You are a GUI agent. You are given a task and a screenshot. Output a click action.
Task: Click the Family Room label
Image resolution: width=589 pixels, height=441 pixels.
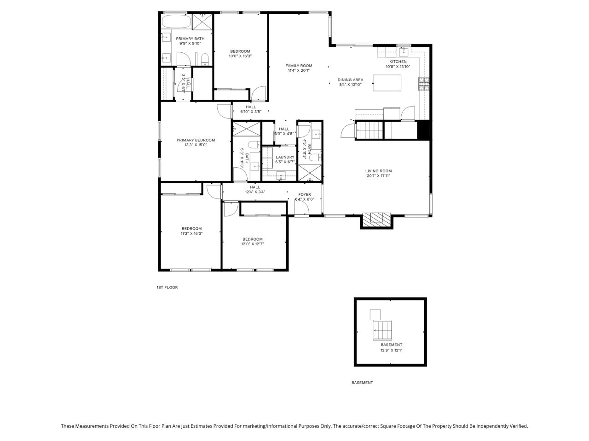pyautogui.click(x=299, y=66)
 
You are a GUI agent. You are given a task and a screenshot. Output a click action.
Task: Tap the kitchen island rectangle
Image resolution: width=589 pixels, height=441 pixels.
pyautogui.click(x=387, y=83)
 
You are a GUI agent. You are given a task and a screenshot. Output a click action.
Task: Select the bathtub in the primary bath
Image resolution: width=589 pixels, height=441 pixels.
pyautogui.click(x=177, y=22)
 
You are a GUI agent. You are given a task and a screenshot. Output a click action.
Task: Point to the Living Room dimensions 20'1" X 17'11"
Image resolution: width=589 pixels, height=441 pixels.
pyautogui.click(x=378, y=175)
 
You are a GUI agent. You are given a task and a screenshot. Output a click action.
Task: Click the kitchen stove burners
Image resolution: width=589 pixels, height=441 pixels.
pyautogui.click(x=424, y=84)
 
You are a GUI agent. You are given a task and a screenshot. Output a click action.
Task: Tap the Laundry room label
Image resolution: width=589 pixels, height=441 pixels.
pyautogui.click(x=285, y=157)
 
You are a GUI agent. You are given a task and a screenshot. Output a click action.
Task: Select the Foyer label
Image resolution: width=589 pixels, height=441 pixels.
pyautogui.click(x=305, y=194)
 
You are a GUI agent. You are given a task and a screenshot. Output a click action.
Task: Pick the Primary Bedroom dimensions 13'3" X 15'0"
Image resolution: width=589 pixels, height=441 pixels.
pyautogui.click(x=196, y=145)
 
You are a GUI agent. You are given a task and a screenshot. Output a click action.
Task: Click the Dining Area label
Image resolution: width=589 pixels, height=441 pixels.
pyautogui.click(x=351, y=80)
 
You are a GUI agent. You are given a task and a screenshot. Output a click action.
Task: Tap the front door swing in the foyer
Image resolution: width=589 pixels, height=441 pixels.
pyautogui.click(x=301, y=208)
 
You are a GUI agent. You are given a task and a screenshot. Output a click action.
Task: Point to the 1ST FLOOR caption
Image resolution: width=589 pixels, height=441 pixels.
pyautogui.click(x=167, y=287)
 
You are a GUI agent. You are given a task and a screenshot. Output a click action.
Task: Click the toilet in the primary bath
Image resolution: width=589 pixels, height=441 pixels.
pyautogui.click(x=205, y=59)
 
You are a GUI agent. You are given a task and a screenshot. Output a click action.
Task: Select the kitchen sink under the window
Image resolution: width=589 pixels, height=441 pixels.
pyautogui.click(x=404, y=52)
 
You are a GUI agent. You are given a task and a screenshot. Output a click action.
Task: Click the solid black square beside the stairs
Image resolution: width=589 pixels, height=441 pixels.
pyautogui.click(x=424, y=130)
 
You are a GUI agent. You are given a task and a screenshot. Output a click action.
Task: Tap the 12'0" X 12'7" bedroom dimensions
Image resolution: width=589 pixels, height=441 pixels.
pyautogui.click(x=253, y=244)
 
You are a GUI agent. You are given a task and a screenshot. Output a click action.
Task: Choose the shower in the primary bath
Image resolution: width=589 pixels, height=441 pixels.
pyautogui.click(x=202, y=22)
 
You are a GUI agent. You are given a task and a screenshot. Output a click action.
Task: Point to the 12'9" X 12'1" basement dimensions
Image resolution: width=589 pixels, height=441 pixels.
pyautogui.click(x=391, y=350)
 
